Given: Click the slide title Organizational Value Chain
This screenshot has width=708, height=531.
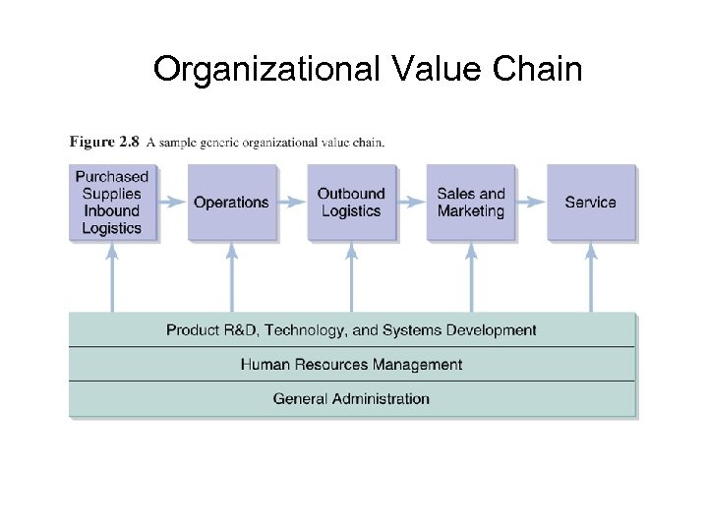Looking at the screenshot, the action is (368, 70).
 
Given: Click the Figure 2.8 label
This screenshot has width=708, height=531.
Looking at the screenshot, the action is (103, 142).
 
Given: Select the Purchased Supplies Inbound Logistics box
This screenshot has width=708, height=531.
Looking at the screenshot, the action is (112, 203).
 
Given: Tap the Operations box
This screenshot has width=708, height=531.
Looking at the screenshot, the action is (231, 203).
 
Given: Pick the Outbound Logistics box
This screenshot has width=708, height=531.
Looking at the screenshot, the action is (351, 203).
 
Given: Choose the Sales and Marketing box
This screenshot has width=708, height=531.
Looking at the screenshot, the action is (471, 203).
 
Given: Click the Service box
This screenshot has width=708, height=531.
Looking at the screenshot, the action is (590, 203).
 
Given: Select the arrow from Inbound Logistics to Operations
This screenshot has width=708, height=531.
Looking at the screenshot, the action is (171, 203).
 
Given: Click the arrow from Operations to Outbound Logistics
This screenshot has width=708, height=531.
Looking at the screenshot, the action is (291, 203).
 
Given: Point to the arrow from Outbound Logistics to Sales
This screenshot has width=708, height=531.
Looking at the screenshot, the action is (411, 203).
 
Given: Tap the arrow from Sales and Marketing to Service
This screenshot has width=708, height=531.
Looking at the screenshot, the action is (531, 203).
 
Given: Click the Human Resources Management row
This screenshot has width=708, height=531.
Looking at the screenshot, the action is (351, 365).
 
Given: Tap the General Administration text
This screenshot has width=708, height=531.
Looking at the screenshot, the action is (351, 399).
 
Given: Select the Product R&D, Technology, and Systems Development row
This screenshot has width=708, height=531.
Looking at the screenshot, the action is (351, 330).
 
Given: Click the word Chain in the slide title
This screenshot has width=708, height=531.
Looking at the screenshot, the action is (539, 70).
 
